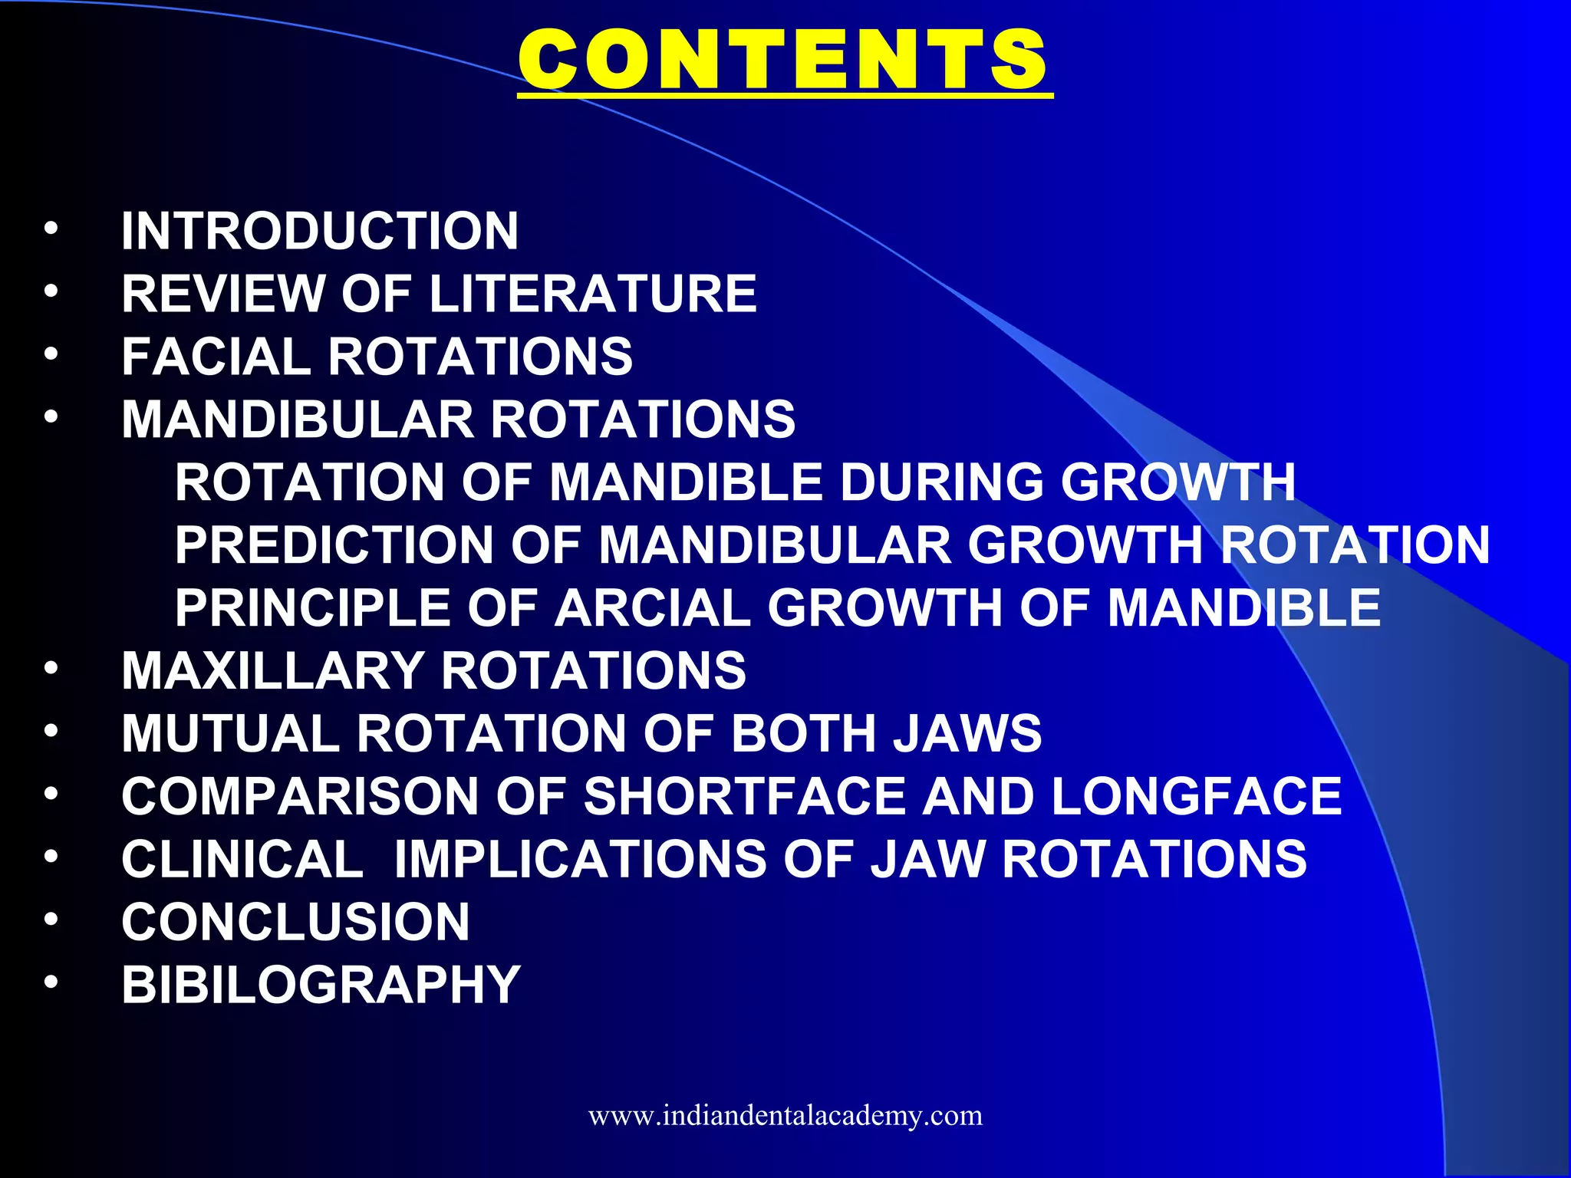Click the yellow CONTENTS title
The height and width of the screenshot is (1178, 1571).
(x=784, y=60)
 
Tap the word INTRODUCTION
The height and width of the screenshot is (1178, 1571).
(x=320, y=231)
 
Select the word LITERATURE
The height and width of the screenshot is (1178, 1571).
(x=593, y=294)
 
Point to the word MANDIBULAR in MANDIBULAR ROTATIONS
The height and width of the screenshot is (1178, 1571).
(x=298, y=420)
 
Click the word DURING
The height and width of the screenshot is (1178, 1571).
(x=942, y=482)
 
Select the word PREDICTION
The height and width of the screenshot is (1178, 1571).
(x=334, y=545)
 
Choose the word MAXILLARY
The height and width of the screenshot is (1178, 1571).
(x=273, y=671)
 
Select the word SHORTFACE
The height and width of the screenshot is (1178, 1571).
(x=745, y=797)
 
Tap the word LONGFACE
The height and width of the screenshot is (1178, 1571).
(x=1197, y=797)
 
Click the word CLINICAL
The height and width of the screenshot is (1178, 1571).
(x=242, y=860)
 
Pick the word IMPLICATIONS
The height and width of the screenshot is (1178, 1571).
(x=580, y=860)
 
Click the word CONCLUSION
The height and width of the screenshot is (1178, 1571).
(x=296, y=923)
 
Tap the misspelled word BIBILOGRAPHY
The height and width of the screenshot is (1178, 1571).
(x=321, y=986)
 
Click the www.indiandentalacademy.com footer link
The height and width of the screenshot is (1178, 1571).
(x=785, y=1115)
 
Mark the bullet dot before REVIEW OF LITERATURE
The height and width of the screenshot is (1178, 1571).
(x=51, y=291)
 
